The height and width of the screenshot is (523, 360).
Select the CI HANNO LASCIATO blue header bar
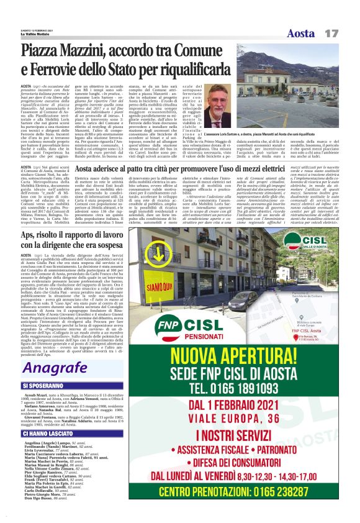click(x=56, y=433)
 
